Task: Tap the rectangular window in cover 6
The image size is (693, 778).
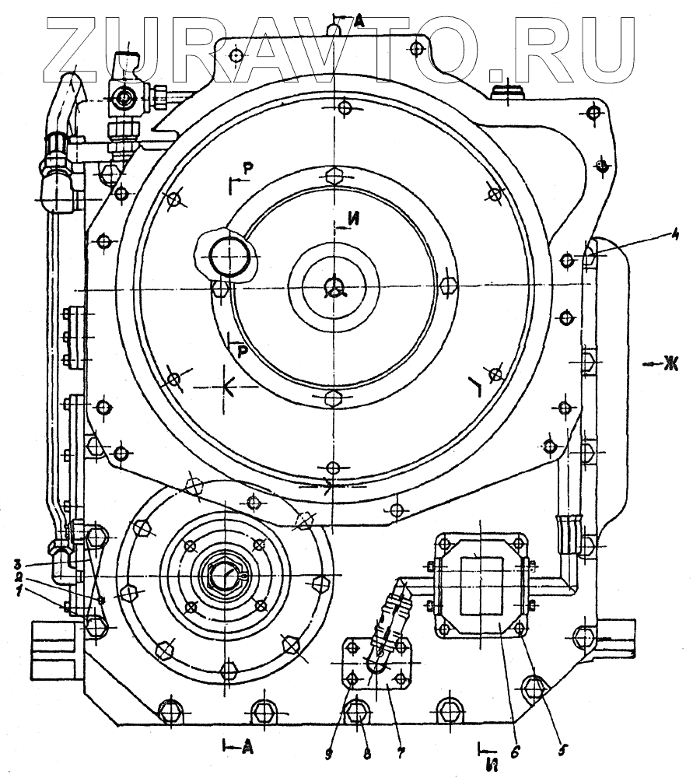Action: coord(482,582)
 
